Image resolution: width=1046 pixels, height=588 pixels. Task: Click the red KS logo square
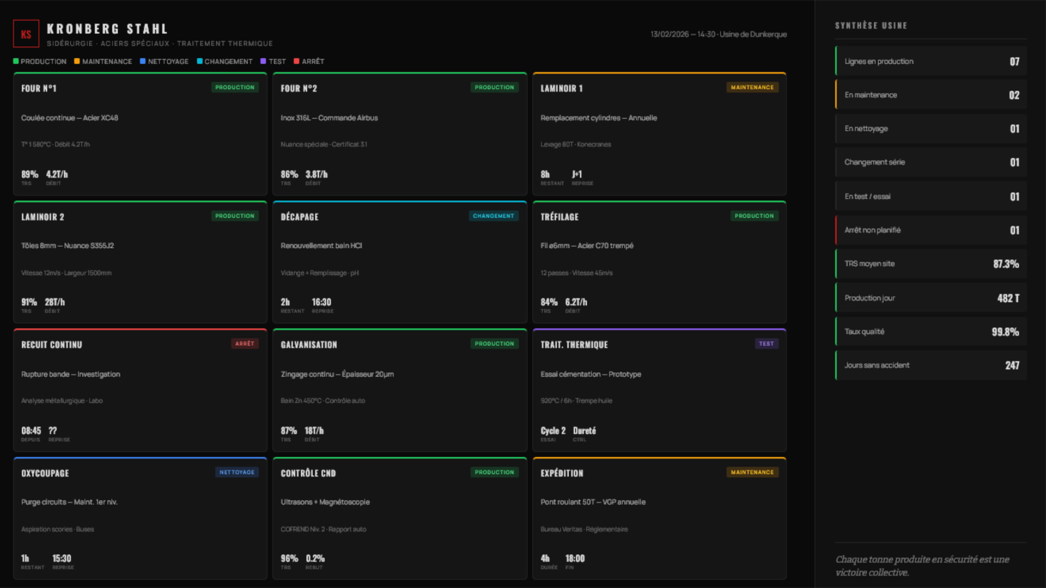pos(26,34)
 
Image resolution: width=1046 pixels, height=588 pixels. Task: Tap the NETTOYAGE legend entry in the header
pos(164,62)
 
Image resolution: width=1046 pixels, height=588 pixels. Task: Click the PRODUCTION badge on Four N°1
pos(235,87)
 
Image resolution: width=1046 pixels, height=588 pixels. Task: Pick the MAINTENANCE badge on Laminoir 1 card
pos(752,87)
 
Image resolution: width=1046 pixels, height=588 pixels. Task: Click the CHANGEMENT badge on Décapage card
pos(493,216)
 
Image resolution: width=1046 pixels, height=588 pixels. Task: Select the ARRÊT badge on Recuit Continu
pos(245,344)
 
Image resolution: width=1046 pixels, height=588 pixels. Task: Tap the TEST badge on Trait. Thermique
pos(766,344)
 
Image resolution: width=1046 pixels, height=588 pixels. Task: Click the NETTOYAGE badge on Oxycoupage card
pos(236,472)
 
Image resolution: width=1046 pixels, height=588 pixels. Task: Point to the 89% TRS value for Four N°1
pos(29,174)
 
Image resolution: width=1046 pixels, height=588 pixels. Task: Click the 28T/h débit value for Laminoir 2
pos(54,302)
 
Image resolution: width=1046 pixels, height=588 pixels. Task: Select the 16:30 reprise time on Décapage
pos(321,302)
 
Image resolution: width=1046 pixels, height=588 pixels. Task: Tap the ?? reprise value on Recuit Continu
pos(53,431)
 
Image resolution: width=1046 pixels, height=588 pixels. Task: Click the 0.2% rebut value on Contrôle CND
pos(315,559)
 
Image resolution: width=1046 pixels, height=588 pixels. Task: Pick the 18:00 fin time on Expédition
pos(575,559)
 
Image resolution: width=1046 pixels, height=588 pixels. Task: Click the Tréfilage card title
pos(560,217)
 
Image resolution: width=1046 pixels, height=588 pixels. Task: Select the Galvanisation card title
pos(309,345)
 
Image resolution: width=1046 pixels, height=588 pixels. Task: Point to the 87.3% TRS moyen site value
pos(1006,264)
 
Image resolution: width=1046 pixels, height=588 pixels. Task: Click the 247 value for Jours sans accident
pos(1012,365)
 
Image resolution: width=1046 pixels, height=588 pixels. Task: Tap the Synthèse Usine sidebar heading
pos(871,26)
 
